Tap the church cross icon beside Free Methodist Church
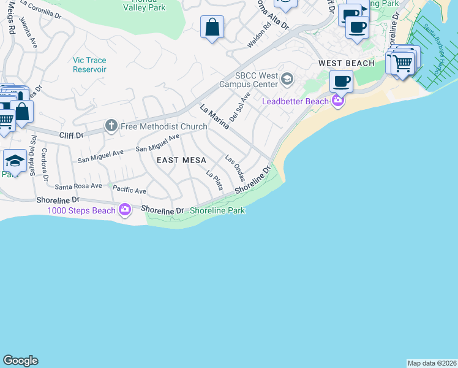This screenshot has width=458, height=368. pyautogui.click(x=111, y=126)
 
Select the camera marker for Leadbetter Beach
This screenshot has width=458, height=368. pyautogui.click(x=337, y=101)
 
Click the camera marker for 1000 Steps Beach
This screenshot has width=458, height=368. pyautogui.click(x=125, y=210)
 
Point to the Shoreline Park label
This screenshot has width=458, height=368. pyautogui.click(x=217, y=210)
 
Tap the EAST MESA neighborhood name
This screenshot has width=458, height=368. pyautogui.click(x=176, y=160)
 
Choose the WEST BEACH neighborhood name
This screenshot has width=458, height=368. pyautogui.click(x=346, y=64)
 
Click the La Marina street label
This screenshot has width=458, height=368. pyautogui.click(x=214, y=117)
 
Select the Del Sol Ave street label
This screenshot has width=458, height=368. pyautogui.click(x=239, y=107)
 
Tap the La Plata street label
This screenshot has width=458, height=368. pyautogui.click(x=214, y=180)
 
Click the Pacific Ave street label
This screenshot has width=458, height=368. pyautogui.click(x=129, y=191)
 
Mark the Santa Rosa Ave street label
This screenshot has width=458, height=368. pyautogui.click(x=78, y=186)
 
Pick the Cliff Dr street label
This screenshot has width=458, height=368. pyautogui.click(x=71, y=132)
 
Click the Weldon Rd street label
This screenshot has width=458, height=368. pyautogui.click(x=258, y=37)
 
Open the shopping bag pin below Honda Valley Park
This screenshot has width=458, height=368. pyautogui.click(x=212, y=27)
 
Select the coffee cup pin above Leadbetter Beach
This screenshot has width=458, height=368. pyautogui.click(x=341, y=81)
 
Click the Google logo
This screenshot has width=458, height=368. pyautogui.click(x=20, y=361)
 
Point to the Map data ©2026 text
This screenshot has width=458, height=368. pyautogui.click(x=432, y=363)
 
